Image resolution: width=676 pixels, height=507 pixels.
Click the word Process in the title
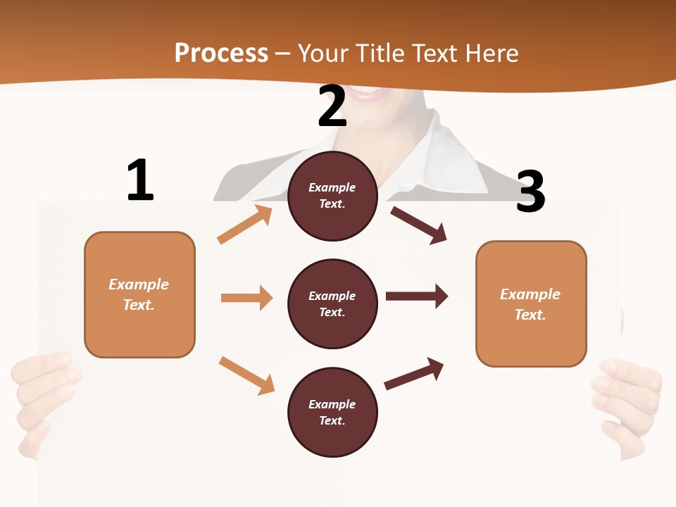click(x=221, y=54)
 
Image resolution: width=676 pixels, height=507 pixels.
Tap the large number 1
click(x=140, y=181)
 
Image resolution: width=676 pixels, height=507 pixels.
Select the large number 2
click(x=332, y=106)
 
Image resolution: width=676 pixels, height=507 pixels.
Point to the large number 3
click(x=530, y=192)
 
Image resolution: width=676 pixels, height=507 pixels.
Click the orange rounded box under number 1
click(x=139, y=294)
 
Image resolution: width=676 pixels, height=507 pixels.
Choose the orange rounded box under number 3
click(x=531, y=304)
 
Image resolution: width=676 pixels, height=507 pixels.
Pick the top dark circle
click(x=332, y=196)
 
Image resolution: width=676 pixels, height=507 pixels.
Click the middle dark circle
click(x=332, y=304)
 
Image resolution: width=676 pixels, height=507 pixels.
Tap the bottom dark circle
click(x=332, y=413)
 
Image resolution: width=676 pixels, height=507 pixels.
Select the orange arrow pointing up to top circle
click(x=244, y=225)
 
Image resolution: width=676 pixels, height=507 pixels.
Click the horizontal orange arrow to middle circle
click(x=246, y=298)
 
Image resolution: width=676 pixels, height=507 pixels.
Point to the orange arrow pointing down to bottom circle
click(x=246, y=375)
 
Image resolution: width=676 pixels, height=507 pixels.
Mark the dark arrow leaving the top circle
click(x=419, y=225)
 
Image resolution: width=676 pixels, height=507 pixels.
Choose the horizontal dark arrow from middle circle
click(x=417, y=296)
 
